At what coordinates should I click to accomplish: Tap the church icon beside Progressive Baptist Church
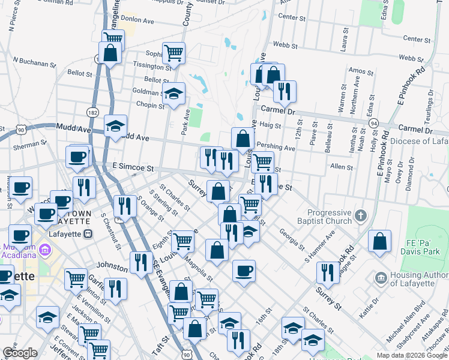[360, 215]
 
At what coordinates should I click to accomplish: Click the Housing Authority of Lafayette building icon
[380, 278]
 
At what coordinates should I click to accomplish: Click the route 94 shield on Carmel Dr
[373, 123]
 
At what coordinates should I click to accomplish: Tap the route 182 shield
[92, 112]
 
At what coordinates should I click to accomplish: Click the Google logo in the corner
[20, 353]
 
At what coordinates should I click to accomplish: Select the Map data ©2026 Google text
[412, 355]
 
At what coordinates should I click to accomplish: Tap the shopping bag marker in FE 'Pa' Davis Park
[379, 242]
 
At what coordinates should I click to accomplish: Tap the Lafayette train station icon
[87, 233]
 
